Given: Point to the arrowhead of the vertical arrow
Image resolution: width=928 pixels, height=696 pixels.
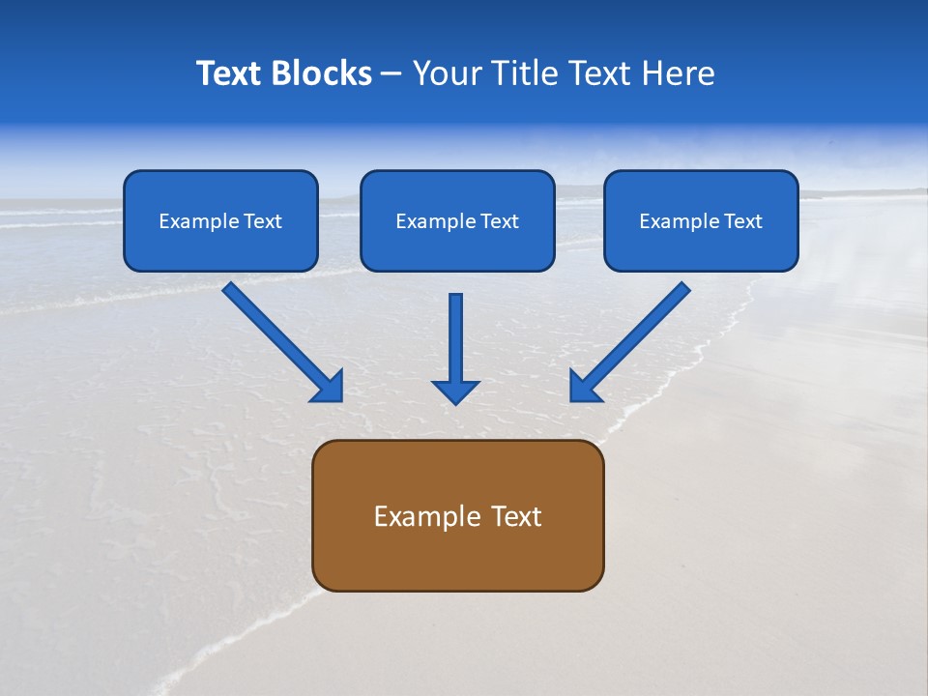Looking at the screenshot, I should pyautogui.click(x=455, y=391).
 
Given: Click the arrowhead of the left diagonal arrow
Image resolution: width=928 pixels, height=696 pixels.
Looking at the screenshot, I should pyautogui.click(x=329, y=387).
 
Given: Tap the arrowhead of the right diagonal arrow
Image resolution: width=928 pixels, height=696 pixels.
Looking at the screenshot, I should pyautogui.click(x=584, y=387).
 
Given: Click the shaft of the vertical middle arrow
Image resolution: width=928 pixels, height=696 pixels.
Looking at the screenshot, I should pyautogui.click(x=455, y=333).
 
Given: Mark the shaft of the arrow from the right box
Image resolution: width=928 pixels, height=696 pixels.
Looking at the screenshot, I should pyautogui.click(x=638, y=333).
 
